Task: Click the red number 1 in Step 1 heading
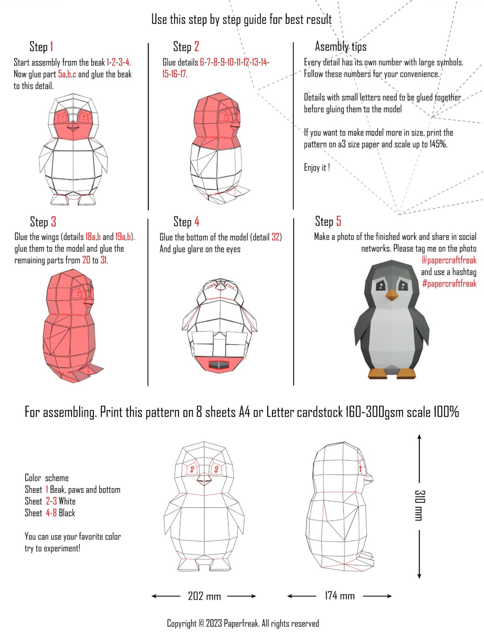[x=51, y=46]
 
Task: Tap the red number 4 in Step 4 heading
[x=196, y=221]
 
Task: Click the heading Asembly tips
[x=340, y=46]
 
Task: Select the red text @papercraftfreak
[x=449, y=260]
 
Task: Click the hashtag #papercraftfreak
[x=449, y=283]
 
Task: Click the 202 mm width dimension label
[x=204, y=596]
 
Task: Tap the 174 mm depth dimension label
[x=339, y=595]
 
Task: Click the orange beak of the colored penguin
[x=392, y=295]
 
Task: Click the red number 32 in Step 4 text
[x=275, y=237]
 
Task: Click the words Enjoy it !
[x=317, y=168]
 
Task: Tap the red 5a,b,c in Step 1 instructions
[x=67, y=75]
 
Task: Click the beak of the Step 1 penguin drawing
[x=73, y=125]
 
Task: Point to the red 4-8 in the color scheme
[x=51, y=513]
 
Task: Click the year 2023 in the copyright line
[x=214, y=623]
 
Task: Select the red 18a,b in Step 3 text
[x=93, y=237]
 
